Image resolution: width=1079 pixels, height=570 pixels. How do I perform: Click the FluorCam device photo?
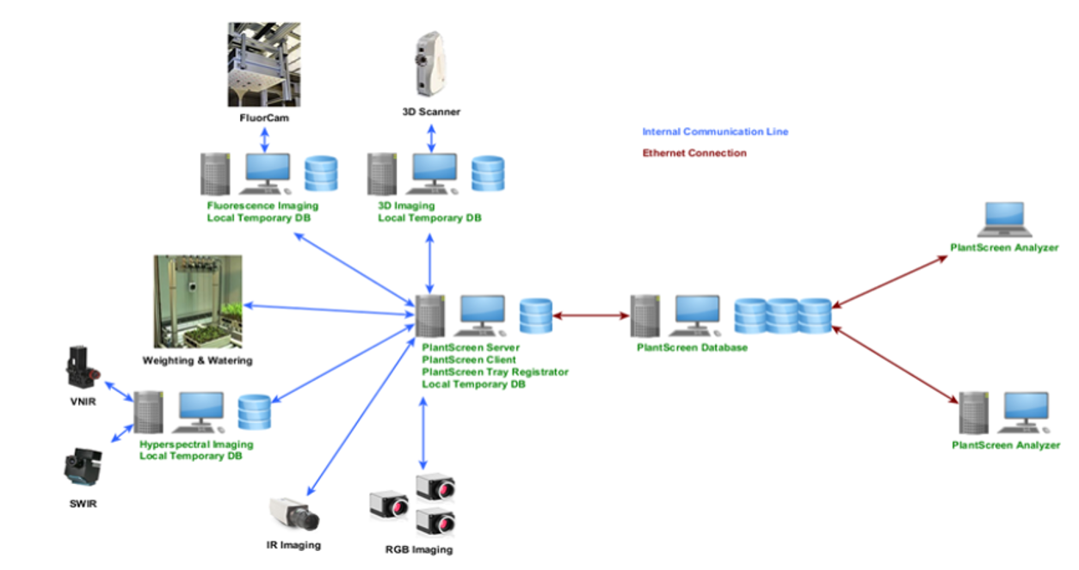tap(264, 63)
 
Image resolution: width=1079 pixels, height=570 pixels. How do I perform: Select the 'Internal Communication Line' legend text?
tap(715, 132)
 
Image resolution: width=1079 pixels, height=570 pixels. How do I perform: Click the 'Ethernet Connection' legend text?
tap(694, 153)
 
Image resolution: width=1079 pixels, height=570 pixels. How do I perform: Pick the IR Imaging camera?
tap(294, 514)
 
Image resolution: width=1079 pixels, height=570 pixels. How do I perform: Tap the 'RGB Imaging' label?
tap(418, 549)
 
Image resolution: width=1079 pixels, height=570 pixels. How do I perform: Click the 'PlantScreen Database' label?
tap(692, 348)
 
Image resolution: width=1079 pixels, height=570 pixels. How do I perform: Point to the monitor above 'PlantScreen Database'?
tap(697, 315)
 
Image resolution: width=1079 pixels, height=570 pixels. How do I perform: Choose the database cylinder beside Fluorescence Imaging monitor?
tap(322, 174)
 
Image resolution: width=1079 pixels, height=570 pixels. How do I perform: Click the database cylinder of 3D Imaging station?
tap(488, 174)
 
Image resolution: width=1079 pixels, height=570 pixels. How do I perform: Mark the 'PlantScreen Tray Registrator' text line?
tap(495, 372)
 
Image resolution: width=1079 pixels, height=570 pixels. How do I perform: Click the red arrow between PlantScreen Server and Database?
tap(591, 316)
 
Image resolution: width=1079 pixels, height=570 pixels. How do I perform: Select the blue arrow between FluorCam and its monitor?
tap(265, 139)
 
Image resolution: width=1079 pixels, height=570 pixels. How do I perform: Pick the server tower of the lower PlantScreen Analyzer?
tap(975, 412)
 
